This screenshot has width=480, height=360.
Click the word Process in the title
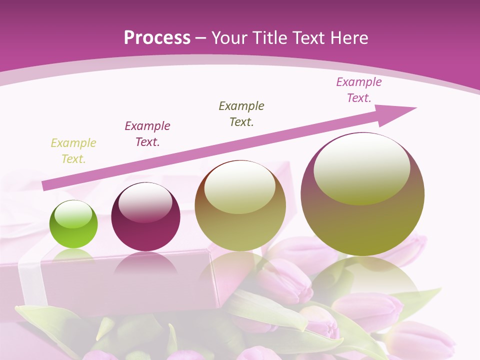coord(157,38)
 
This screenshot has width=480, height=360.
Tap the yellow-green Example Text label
coord(73,151)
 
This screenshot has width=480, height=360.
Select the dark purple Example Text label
coord(147,134)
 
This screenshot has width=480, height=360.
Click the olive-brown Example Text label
coord(241,114)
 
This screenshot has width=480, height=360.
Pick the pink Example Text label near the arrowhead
coord(359,90)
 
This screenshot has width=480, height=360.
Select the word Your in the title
coord(229,38)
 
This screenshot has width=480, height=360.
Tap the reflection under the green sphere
coord(73,254)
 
